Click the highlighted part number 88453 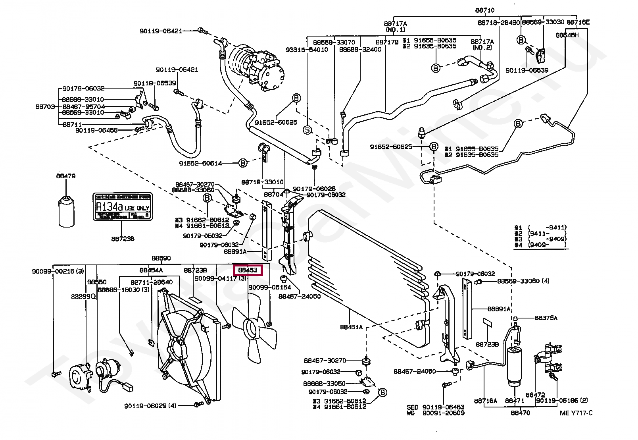pyautogui.click(x=248, y=270)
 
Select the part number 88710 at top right pyautogui.click(x=485, y=10)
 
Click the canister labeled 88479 pyautogui.click(x=66, y=210)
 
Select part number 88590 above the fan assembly pyautogui.click(x=161, y=258)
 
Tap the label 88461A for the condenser pyautogui.click(x=351, y=327)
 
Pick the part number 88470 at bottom pyautogui.click(x=520, y=413)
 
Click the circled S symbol pyautogui.click(x=307, y=130)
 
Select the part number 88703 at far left pyautogui.click(x=45, y=106)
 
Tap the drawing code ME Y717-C pyautogui.click(x=576, y=413)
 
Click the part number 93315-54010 pyautogui.click(x=307, y=50)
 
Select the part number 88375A pyautogui.click(x=546, y=318)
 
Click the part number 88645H pyautogui.click(x=567, y=35)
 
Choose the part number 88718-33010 pyautogui.click(x=262, y=182)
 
